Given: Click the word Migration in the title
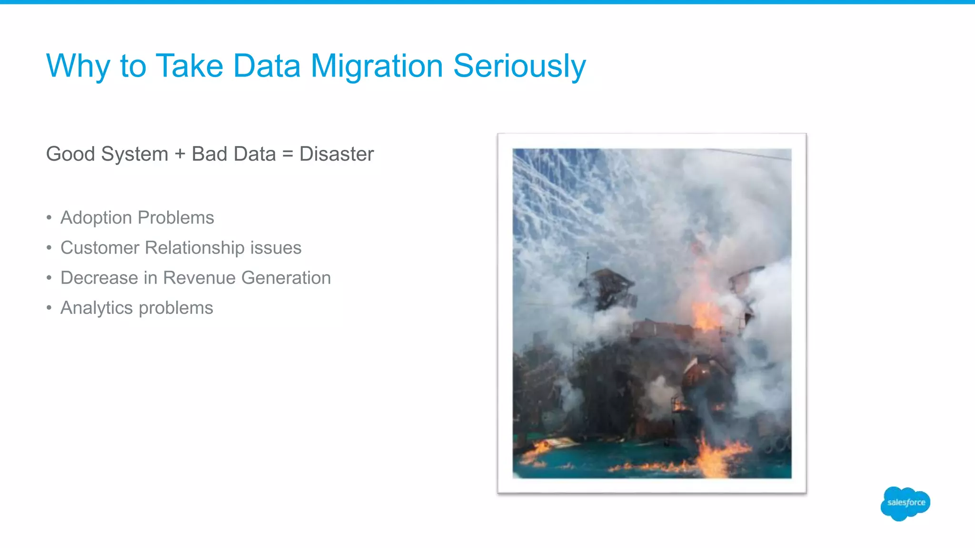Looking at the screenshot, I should click(x=377, y=66).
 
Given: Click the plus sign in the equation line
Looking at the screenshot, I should click(x=179, y=154).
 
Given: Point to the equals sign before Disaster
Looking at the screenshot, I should click(x=287, y=154).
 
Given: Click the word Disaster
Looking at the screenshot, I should click(x=337, y=154).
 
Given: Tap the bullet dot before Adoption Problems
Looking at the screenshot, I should click(x=49, y=218).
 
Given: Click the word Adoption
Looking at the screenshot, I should click(x=96, y=218).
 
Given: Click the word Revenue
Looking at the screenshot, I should click(x=199, y=278).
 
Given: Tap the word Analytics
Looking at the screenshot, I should click(x=96, y=308).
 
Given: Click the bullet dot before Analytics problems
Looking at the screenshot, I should click(x=49, y=308).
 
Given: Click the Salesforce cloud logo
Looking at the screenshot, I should click(x=905, y=503).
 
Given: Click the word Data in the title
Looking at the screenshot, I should click(x=267, y=66).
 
